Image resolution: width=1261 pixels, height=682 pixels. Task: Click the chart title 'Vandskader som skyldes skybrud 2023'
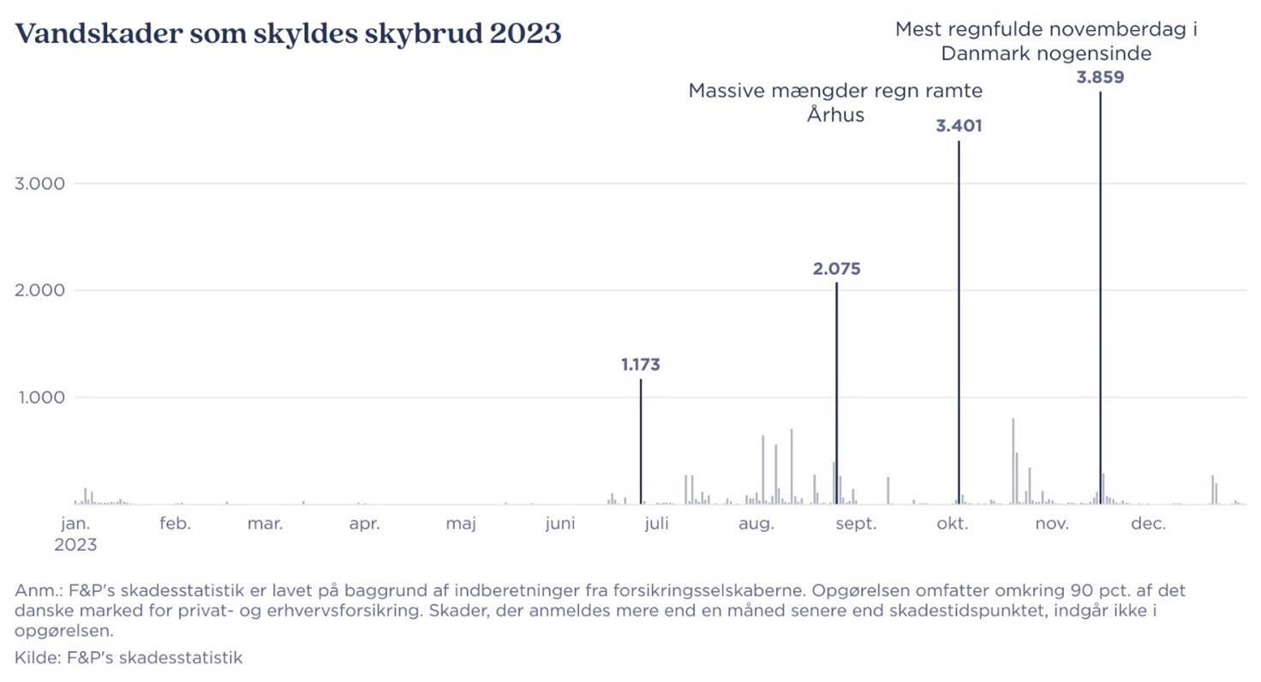[x=289, y=35]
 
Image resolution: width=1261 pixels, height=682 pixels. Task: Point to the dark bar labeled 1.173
[x=641, y=440]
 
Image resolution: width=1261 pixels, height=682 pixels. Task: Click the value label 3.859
[x=1099, y=76]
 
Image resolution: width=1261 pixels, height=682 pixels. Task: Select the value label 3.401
[x=959, y=126]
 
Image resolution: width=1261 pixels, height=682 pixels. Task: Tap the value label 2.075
[x=836, y=269]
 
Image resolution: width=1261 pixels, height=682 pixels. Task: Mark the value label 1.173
[x=641, y=364]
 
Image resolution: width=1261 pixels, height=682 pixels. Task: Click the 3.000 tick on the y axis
[x=39, y=184]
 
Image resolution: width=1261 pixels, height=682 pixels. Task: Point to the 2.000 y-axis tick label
[x=39, y=290]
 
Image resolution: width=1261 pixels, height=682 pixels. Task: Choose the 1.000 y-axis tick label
[x=39, y=398]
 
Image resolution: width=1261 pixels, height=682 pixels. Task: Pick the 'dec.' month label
[x=1148, y=523]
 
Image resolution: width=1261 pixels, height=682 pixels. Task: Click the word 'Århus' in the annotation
[x=835, y=115]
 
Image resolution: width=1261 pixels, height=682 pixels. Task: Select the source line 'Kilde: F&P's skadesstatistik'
[x=128, y=658]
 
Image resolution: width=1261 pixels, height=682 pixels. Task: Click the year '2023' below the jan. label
[x=75, y=545]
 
